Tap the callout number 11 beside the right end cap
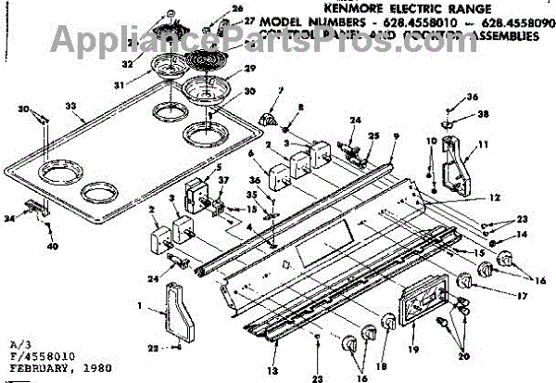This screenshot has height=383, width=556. tap(483, 147)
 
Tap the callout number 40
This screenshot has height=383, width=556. tap(52, 248)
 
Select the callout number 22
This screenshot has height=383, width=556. tap(151, 348)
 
